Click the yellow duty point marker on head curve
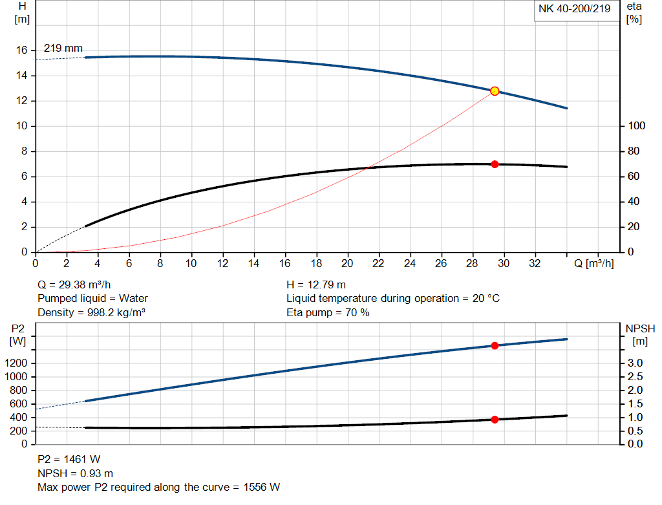coord(495,91)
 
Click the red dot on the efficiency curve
coord(495,164)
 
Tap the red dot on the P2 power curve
coord(495,346)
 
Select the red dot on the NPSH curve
coord(495,420)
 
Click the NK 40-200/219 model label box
coord(574,9)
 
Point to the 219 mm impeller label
coord(63,48)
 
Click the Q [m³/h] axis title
coord(594,264)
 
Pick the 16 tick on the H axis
coord(21,50)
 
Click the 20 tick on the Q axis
coord(347,264)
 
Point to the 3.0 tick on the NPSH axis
coord(635,363)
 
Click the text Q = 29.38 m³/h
coord(78,285)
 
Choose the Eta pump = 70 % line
coord(328,313)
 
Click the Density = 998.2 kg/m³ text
coord(91,313)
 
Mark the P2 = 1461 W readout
coord(69,460)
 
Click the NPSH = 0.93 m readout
coord(75,473)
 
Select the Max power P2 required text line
coord(158,487)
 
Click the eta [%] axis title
coord(634,13)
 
